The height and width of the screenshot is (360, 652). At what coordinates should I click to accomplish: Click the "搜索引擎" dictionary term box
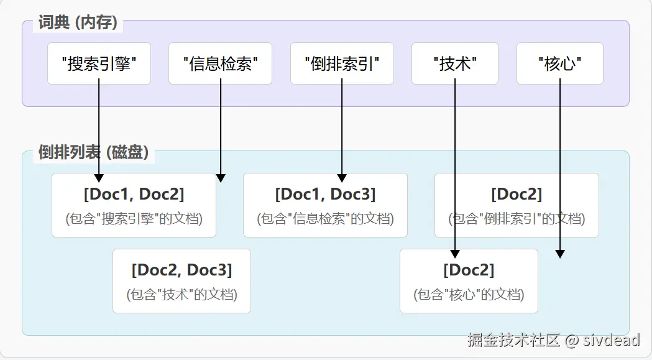point(99,63)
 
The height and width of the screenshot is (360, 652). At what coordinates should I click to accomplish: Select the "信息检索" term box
point(220,63)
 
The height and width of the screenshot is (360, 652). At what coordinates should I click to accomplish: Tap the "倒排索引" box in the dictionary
point(342,63)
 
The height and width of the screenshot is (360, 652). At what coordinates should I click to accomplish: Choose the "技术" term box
point(455,63)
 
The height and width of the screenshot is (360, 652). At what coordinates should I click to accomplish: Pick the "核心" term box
point(559,63)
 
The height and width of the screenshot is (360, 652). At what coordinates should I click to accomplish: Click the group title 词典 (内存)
point(77,24)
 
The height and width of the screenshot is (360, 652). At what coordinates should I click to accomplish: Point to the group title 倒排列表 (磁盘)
point(93,152)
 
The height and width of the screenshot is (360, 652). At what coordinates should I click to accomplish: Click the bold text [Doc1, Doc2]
point(134,194)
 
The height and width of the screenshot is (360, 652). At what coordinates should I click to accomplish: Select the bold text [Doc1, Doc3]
point(325,194)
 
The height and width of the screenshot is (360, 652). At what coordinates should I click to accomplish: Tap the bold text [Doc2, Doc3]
point(181,270)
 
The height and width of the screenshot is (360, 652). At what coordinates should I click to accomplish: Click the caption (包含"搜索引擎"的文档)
point(134,219)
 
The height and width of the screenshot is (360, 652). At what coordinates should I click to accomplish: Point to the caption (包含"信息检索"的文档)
point(325,219)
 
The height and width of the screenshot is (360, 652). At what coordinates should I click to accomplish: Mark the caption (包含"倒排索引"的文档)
point(517,219)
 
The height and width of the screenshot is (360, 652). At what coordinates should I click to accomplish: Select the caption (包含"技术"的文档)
point(181,294)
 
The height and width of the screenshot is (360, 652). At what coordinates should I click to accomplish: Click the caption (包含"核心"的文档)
point(469,294)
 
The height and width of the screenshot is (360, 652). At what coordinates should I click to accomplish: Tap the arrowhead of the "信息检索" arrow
point(221,178)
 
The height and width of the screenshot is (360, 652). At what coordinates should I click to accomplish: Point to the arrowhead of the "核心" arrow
point(560,254)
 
